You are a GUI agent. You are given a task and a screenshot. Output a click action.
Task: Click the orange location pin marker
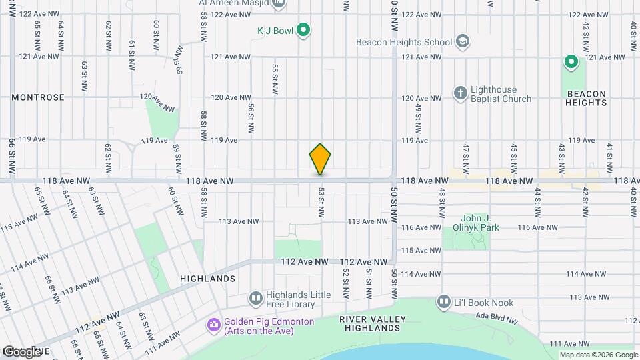coord(321,159)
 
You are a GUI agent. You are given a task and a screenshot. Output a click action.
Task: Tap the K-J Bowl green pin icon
coord(303,30)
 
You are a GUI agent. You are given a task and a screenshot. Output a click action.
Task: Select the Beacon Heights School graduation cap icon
coord(462,42)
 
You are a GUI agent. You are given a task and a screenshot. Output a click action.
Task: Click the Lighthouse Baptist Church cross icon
coord(460,93)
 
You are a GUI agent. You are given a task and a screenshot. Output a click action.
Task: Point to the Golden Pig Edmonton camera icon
coord(214,325)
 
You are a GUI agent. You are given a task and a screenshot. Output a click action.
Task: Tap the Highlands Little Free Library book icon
coord(255,297)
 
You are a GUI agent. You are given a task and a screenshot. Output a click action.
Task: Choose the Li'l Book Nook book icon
coord(444,303)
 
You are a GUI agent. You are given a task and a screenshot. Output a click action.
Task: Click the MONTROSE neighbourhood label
coord(38,97)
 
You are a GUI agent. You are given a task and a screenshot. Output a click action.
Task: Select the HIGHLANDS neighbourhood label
coord(208,278)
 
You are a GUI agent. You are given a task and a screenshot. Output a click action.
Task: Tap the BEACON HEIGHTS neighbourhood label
coord(587,98)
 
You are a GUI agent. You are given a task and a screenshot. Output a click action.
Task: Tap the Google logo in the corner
coord(21,351)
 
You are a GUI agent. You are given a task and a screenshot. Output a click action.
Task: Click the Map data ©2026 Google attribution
coord(598,355)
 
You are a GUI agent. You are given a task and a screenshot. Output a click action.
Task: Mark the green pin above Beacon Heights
coord(571,63)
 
